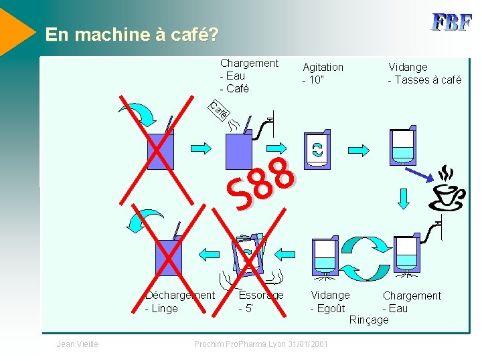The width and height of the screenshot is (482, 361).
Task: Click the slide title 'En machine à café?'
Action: [131, 35]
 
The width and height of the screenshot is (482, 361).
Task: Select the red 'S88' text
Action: [260, 182]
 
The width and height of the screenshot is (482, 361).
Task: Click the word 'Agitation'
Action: [323, 67]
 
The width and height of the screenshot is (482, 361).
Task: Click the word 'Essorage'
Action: [261, 295]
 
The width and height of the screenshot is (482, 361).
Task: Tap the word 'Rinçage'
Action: [369, 320]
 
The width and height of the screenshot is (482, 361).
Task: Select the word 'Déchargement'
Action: [180, 295]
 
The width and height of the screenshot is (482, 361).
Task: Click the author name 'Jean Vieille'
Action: [78, 344]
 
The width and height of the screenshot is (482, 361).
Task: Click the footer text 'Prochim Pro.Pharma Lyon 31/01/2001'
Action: [260, 344]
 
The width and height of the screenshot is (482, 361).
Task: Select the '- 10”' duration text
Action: [313, 80]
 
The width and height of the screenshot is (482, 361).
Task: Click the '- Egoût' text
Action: [327, 308]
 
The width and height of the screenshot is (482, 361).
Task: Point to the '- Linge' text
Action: [161, 308]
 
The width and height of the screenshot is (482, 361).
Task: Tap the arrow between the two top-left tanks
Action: [202, 147]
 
